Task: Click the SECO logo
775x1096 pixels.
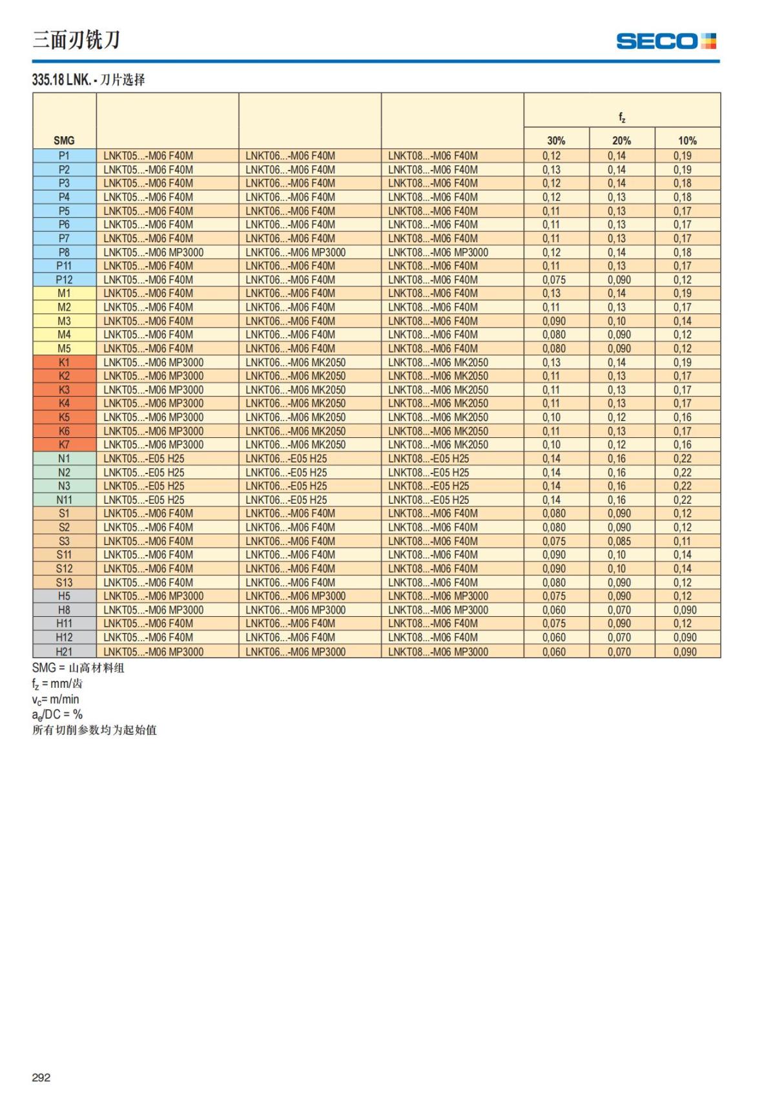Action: (666, 41)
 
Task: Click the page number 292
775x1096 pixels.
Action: (41, 1077)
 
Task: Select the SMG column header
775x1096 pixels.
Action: (64, 140)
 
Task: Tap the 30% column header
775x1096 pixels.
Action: (556, 140)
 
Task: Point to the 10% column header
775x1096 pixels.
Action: (687, 140)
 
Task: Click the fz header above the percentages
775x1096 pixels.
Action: (622, 117)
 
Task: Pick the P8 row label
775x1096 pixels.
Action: (64, 253)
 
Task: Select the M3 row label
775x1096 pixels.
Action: (64, 321)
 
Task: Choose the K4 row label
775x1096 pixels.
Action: (64, 404)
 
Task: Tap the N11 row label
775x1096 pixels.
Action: (64, 500)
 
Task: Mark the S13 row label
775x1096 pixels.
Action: (64, 583)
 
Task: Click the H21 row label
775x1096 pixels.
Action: (64, 652)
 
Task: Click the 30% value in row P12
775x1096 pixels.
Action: (554, 280)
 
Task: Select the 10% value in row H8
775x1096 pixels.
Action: (685, 610)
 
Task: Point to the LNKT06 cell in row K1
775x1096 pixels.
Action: (296, 362)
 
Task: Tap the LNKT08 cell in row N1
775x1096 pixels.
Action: (429, 459)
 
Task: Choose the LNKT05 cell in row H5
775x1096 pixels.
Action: (154, 596)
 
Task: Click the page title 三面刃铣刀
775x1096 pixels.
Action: (76, 40)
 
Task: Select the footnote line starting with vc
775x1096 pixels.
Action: (56, 699)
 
